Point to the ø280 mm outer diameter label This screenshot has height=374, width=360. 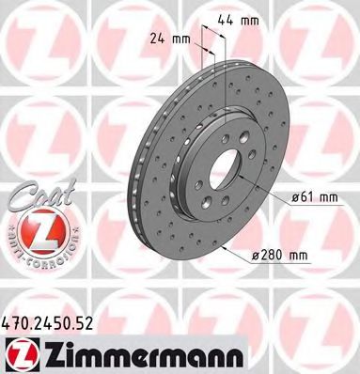282,253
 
